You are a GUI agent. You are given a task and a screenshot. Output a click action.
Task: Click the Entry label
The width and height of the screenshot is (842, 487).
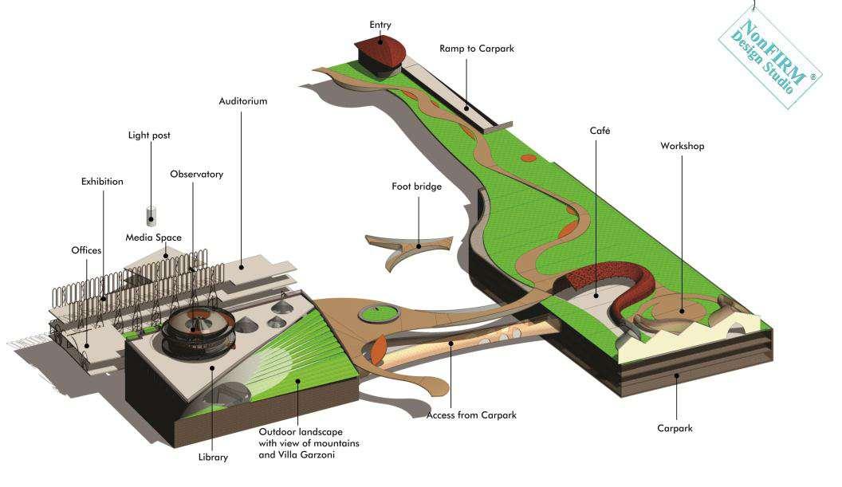pyautogui.click(x=380, y=25)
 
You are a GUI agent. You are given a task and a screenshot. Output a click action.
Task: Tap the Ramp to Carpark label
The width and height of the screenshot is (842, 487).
pyautogui.click(x=477, y=49)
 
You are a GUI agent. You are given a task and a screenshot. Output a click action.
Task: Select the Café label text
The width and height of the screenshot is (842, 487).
pyautogui.click(x=600, y=130)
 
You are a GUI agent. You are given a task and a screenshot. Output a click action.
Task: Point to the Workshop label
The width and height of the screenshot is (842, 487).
pyautogui.click(x=682, y=146)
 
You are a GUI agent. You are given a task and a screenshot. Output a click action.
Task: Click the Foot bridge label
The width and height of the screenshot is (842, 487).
pyautogui.click(x=416, y=187)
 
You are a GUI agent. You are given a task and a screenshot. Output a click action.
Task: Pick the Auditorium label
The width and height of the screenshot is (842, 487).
pyautogui.click(x=243, y=101)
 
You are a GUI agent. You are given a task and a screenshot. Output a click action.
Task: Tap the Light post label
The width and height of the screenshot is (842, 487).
pyautogui.click(x=149, y=135)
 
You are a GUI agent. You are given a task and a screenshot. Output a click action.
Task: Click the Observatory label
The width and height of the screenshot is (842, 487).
pyautogui.click(x=196, y=174)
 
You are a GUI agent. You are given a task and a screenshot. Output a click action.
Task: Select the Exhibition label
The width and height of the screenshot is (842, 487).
pyautogui.click(x=102, y=182)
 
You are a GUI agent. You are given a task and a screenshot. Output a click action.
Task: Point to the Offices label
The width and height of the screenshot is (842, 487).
pyautogui.click(x=86, y=250)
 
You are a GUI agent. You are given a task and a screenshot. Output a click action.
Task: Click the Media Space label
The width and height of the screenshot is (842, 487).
pyautogui.click(x=153, y=238)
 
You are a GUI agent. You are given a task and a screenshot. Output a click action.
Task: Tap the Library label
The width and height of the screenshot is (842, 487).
pyautogui.click(x=213, y=458)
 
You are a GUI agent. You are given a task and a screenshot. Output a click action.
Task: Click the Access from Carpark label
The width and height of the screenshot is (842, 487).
pyautogui.click(x=471, y=415)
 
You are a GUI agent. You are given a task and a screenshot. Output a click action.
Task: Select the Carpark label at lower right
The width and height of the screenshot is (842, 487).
pyautogui.click(x=675, y=428)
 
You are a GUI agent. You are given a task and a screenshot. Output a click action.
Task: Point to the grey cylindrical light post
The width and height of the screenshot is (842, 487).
pyautogui.click(x=151, y=215)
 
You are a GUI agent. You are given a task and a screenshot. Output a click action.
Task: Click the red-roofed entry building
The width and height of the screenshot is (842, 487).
pyautogui.click(x=380, y=54)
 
